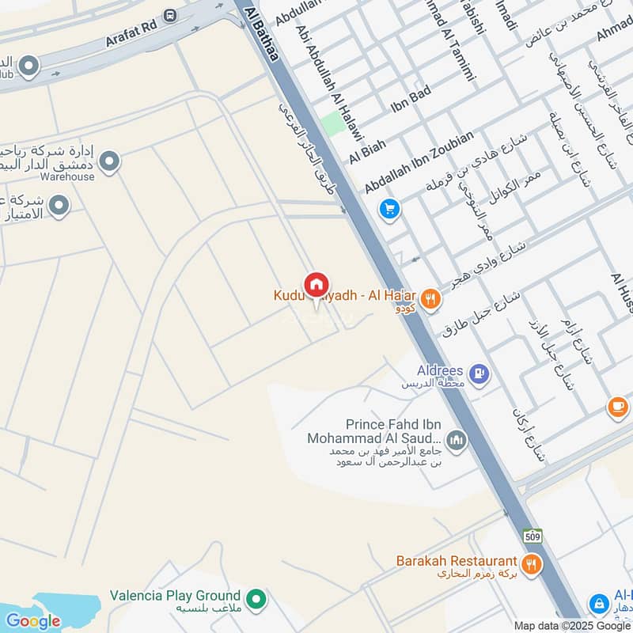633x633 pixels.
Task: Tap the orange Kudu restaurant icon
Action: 430,298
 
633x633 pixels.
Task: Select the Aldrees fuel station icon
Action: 478,373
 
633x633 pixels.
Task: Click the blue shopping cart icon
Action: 389,209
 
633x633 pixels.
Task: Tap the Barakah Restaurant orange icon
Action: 532,564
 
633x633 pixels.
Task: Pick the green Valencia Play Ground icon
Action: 255,599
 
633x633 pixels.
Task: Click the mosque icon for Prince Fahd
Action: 456,438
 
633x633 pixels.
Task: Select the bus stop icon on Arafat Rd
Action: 170,15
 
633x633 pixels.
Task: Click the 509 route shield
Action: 533,536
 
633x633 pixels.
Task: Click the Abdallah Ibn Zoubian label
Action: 419,162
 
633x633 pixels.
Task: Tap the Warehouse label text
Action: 68,176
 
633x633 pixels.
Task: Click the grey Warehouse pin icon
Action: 111,162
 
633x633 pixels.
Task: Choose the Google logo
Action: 33,620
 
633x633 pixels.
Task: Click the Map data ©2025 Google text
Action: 572,625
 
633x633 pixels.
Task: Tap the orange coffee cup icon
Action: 618,407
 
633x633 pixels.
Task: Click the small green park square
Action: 332,124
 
